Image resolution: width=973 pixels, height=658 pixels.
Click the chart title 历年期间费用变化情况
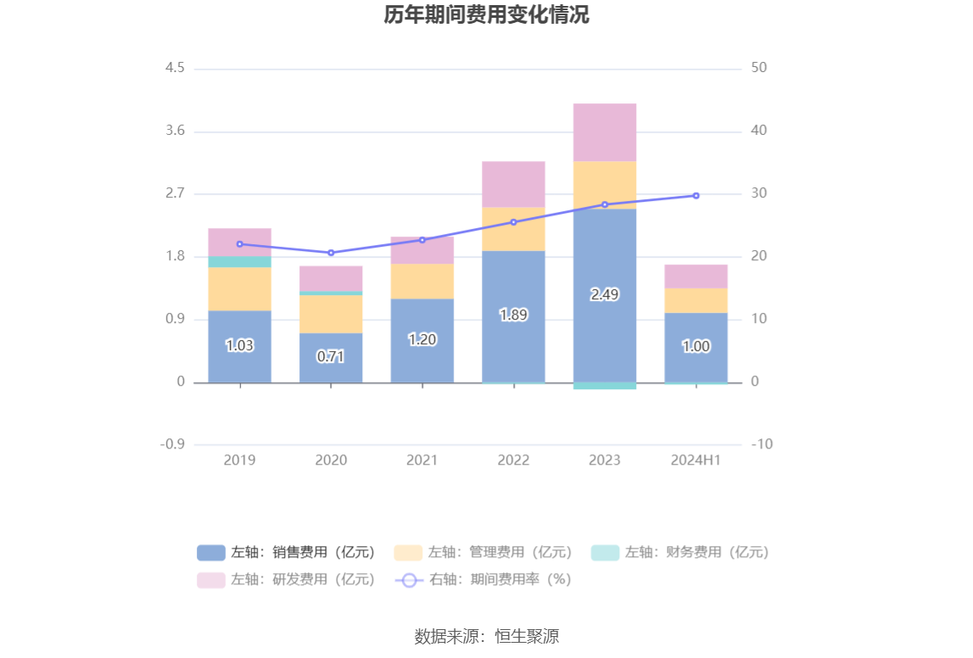click(x=486, y=15)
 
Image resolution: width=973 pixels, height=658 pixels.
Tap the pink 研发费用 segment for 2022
click(x=513, y=184)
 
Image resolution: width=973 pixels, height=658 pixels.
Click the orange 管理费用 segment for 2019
click(x=240, y=288)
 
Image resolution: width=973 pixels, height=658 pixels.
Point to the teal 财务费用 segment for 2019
click(x=240, y=262)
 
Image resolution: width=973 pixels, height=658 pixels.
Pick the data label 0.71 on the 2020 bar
click(x=331, y=357)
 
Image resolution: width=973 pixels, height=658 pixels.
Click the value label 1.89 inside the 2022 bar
click(x=513, y=315)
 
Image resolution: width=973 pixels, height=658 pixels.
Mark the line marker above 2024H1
click(x=696, y=196)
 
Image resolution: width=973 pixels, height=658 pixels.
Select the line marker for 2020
click(x=331, y=253)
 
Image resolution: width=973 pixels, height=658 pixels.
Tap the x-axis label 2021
click(x=422, y=460)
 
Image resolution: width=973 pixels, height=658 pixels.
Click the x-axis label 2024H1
click(x=696, y=460)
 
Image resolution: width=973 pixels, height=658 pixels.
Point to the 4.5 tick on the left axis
click(x=175, y=68)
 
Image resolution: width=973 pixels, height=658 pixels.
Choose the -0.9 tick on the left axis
click(x=172, y=444)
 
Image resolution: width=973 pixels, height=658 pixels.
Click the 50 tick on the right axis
click(x=759, y=68)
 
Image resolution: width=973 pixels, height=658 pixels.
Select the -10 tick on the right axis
click(x=762, y=444)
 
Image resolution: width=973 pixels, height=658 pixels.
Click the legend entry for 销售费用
click(x=287, y=553)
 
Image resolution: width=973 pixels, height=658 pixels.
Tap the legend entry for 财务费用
click(x=680, y=553)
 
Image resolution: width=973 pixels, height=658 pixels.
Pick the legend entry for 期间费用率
click(x=484, y=580)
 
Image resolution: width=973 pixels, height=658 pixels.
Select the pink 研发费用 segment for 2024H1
click(x=696, y=276)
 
